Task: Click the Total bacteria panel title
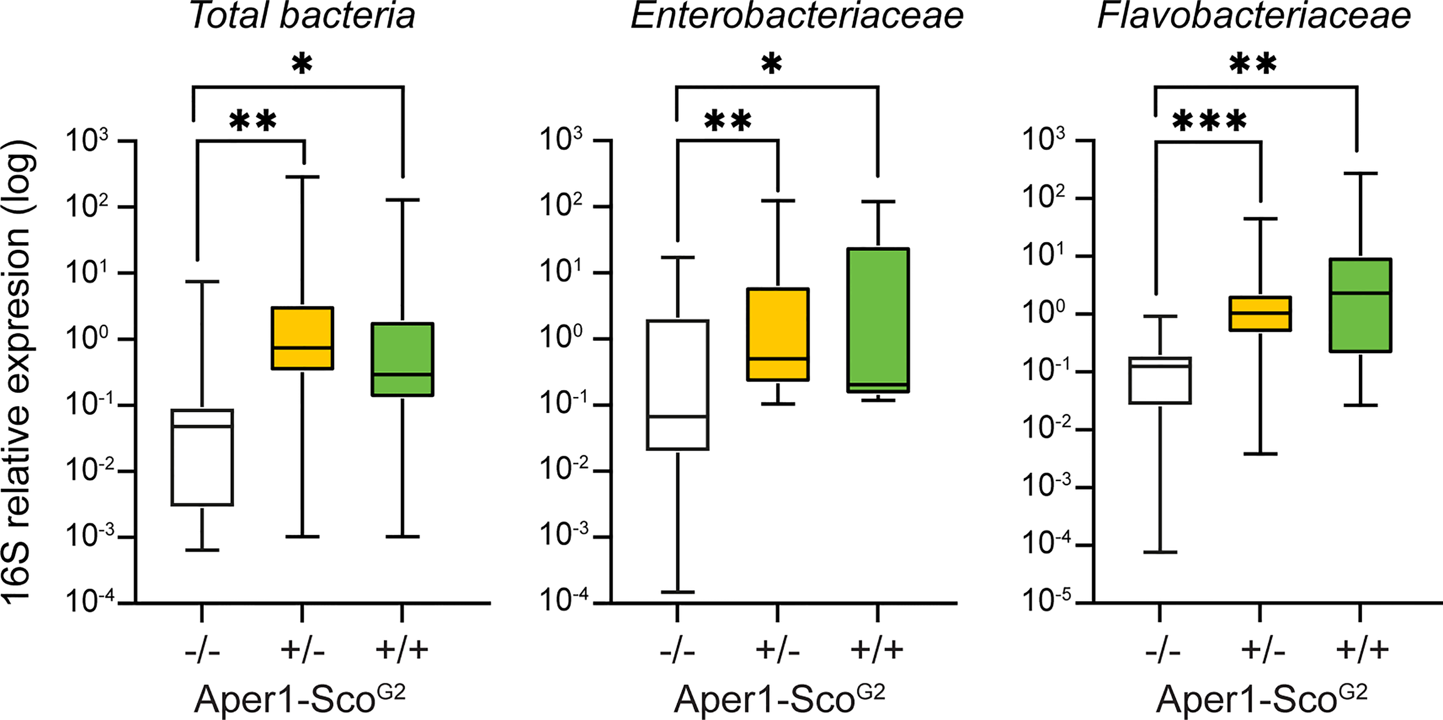(302, 16)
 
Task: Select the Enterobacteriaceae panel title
(797, 16)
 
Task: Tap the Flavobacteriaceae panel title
(1254, 16)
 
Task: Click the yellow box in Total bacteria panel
(302, 338)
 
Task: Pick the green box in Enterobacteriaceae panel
(878, 320)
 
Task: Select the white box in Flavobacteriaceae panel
(1160, 380)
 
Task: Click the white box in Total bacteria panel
(202, 457)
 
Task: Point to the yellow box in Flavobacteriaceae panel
(1260, 314)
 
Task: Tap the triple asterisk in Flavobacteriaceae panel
(1209, 122)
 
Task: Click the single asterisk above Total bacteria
(302, 64)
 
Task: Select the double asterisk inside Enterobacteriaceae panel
(728, 122)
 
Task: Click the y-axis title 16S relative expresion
(18, 372)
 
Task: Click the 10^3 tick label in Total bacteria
(87, 140)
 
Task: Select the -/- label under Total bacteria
(202, 651)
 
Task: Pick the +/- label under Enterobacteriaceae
(777, 651)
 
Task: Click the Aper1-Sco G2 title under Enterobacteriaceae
(779, 700)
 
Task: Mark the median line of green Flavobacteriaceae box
(1360, 293)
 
